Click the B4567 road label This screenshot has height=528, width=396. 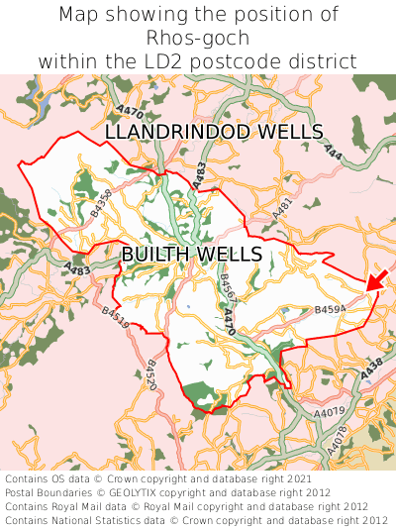[x=226, y=288]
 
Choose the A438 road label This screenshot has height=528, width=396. [x=373, y=370]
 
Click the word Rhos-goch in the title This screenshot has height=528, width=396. [x=198, y=38]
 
